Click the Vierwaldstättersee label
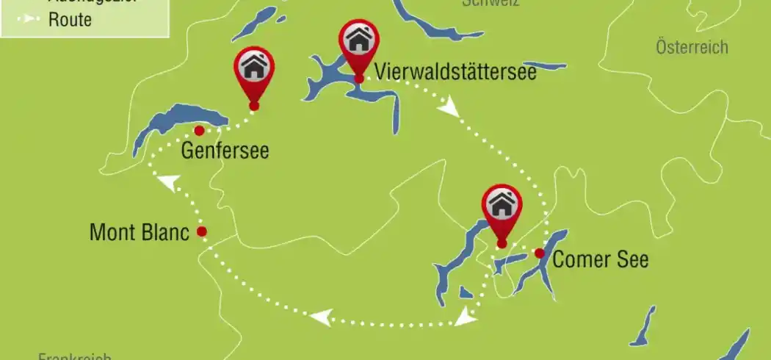click(455, 72)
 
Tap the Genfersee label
click(225, 151)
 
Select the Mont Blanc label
click(140, 233)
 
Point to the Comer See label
click(601, 259)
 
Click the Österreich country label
click(692, 48)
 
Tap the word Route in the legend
click(70, 20)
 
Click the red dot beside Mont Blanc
click(202, 232)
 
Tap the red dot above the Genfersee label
click(198, 131)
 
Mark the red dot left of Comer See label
click(540, 253)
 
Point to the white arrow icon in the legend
click(31, 20)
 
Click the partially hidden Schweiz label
click(491, 3)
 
